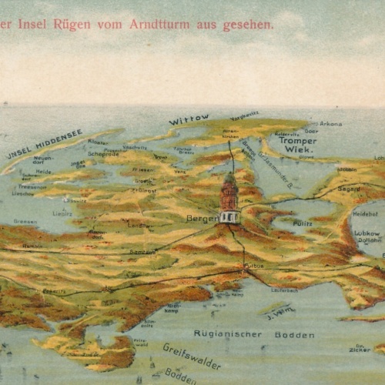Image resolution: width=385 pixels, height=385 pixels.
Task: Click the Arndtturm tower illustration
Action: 229,199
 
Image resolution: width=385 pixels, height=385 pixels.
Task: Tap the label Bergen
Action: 202,219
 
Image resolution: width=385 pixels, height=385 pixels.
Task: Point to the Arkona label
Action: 330,122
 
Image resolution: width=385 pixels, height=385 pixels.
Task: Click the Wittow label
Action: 189,119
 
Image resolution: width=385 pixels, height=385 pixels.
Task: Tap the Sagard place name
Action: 349,187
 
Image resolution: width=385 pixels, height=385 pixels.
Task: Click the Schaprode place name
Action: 102,153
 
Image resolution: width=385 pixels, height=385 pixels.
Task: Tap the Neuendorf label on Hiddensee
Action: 43,160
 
